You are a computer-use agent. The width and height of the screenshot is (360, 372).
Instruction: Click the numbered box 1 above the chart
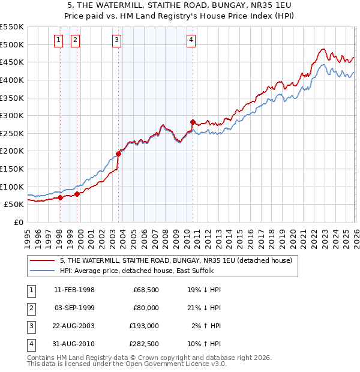(59, 40)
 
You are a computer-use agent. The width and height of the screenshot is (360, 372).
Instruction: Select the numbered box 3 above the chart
(116, 40)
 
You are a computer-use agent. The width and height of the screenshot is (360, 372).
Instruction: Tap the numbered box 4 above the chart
(191, 40)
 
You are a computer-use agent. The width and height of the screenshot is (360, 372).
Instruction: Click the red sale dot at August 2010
(193, 122)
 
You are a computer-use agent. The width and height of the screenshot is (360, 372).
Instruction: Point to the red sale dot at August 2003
(119, 154)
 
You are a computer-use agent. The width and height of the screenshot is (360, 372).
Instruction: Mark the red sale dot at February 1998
(60, 197)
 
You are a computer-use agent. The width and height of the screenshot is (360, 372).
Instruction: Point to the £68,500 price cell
(146, 289)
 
